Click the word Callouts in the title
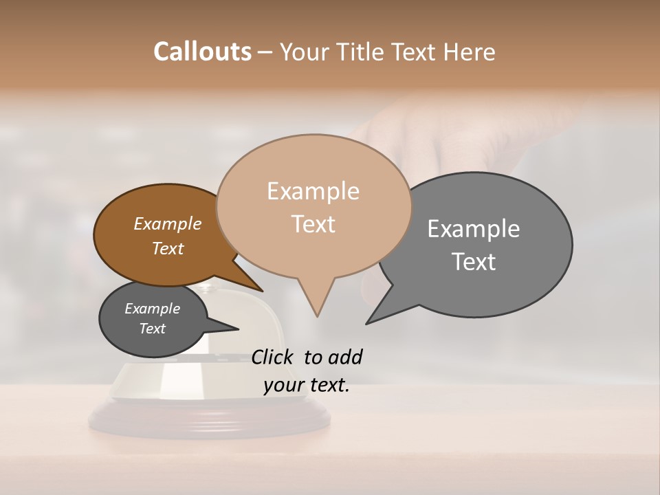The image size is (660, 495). click(x=202, y=52)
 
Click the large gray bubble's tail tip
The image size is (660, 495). click(x=367, y=323)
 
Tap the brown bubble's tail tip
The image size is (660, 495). click(x=262, y=291)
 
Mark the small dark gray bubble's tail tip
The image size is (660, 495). click(x=238, y=329)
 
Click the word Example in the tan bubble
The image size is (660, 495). click(x=313, y=191)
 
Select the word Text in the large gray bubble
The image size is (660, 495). click(x=474, y=262)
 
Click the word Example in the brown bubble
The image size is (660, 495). click(x=168, y=224)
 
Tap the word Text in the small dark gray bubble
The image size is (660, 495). click(x=153, y=329)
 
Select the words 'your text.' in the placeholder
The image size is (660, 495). click(x=307, y=385)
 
